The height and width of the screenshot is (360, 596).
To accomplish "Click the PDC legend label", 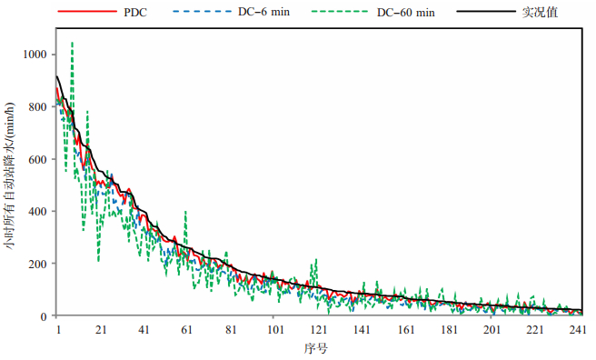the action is tap(135, 12).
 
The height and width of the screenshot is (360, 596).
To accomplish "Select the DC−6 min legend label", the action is tap(263, 12).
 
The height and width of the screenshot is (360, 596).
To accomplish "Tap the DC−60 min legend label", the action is tap(405, 12).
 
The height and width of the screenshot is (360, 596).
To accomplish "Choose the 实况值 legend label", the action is tap(540, 12).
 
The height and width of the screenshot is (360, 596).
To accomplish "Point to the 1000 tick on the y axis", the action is tap(35, 55).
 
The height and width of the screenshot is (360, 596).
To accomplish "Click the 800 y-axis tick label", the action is tap(37, 107).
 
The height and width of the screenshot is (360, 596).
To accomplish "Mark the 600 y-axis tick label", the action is tap(37, 159).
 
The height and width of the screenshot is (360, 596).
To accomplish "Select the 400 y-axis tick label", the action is tap(37, 211).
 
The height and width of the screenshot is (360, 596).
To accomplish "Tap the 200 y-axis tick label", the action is tap(37, 264).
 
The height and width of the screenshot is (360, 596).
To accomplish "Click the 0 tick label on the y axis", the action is tap(44, 316).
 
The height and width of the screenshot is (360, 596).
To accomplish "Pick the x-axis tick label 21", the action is tap(101, 330).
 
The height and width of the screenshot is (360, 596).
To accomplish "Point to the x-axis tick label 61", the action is tap(186, 330).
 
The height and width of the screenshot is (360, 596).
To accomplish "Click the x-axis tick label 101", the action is tap(275, 330).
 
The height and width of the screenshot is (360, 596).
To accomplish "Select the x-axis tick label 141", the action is tap(362, 330).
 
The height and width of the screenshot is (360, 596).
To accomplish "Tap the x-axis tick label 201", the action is tap(492, 330).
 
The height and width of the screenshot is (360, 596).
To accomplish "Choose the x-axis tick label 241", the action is tap(578, 330).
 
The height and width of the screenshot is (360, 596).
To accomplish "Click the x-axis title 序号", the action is tap(315, 348).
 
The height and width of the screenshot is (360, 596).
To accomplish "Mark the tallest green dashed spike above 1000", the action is tap(72, 43).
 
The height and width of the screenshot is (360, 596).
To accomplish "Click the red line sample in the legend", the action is tap(87, 12).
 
